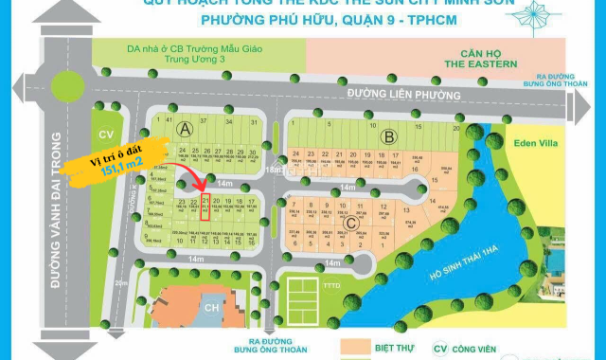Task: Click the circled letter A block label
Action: click(185, 128)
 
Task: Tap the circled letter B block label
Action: click(386, 135)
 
